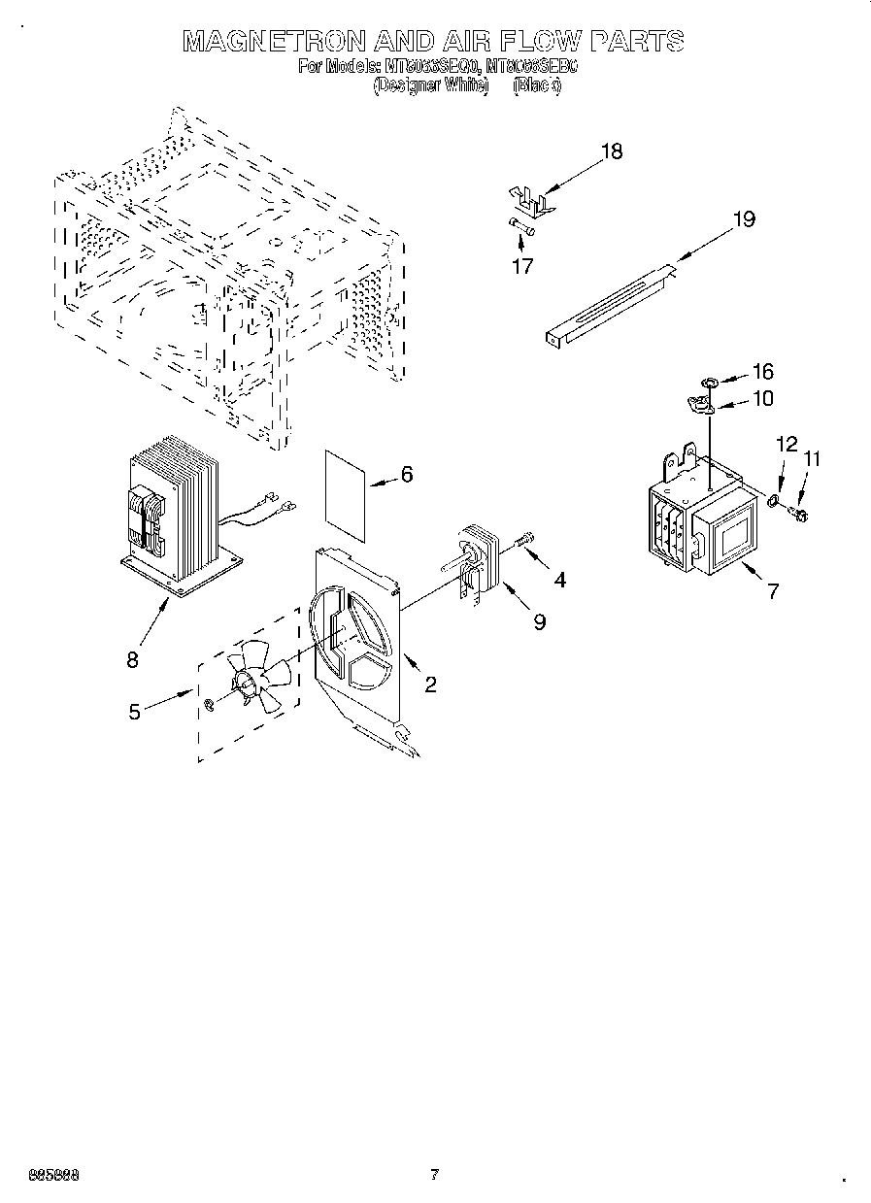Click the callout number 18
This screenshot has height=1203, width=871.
click(611, 151)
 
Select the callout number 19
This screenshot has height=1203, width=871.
click(743, 219)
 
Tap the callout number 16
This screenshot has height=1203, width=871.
click(762, 372)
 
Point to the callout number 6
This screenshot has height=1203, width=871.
click(407, 474)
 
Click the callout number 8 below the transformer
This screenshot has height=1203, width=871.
click(132, 659)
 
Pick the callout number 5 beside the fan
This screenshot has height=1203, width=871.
click(135, 711)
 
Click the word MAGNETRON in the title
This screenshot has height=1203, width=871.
click(274, 41)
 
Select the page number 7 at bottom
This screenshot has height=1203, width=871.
click(435, 1174)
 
